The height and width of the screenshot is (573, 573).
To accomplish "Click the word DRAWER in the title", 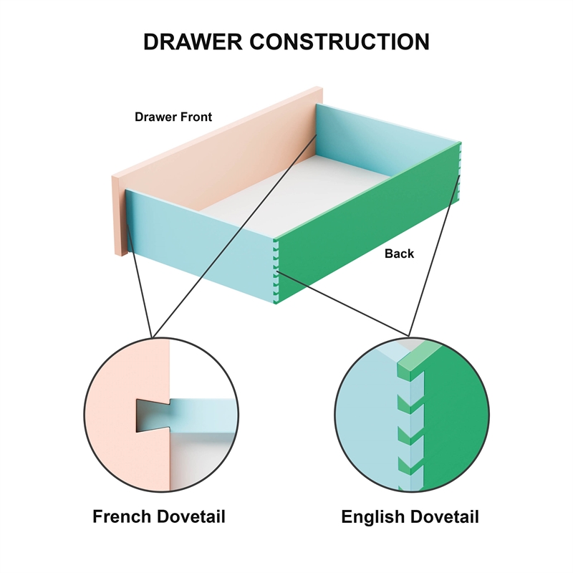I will (193, 41).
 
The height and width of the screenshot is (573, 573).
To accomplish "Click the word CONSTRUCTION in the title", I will (339, 41).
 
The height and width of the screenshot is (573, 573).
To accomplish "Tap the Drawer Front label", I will (173, 117).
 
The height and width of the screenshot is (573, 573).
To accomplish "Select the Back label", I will (399, 254).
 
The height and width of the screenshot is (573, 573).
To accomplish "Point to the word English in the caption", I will (377, 516).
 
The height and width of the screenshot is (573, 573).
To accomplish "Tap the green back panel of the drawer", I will (365, 229).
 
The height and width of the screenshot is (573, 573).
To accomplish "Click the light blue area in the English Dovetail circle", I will (369, 423).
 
